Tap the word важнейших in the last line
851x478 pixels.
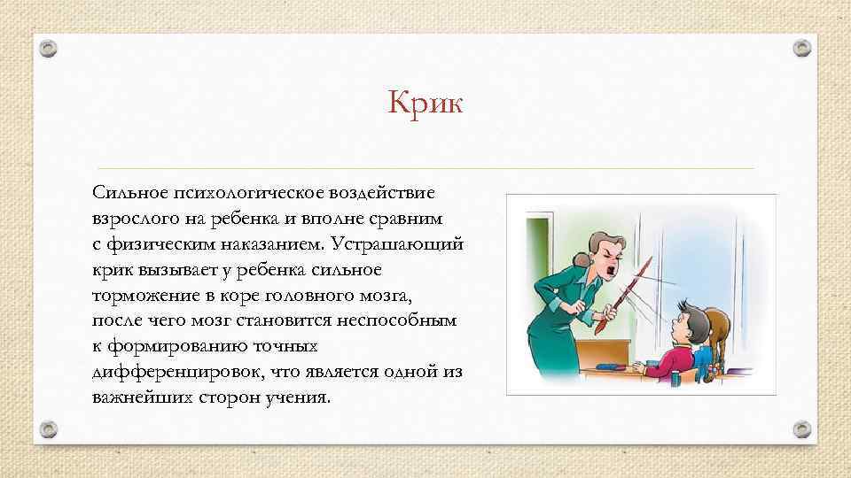tap(134, 397)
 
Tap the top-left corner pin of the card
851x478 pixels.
tap(51, 49)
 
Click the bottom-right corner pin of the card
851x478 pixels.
tap(801, 428)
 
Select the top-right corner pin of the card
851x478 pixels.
tap(801, 49)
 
